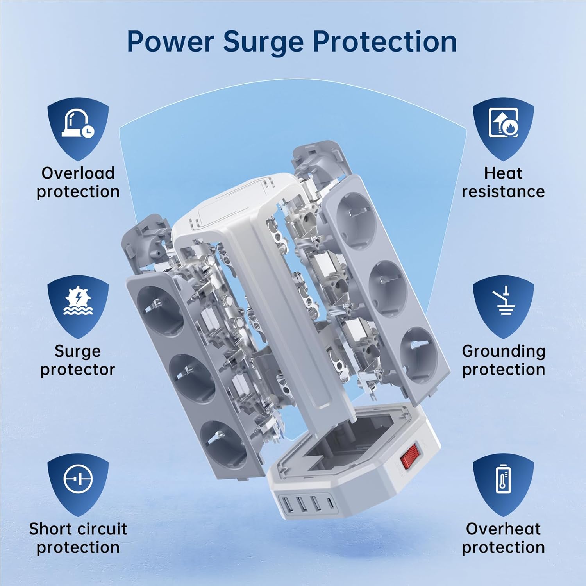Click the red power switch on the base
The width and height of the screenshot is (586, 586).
click(410, 455)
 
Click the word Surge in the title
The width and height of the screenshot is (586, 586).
click(263, 42)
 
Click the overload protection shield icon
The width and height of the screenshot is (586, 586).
click(78, 128)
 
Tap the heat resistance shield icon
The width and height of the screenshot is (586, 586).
click(503, 128)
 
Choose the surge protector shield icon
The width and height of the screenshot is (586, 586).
click(78, 307)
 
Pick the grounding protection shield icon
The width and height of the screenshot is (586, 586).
click(503, 307)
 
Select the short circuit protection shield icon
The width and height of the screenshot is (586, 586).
click(78, 485)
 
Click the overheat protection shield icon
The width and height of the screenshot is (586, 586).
click(503, 485)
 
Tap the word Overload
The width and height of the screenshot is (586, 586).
click(78, 173)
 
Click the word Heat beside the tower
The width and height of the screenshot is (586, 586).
click(503, 173)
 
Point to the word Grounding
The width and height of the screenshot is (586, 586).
click(504, 352)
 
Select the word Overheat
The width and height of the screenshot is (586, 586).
click(503, 529)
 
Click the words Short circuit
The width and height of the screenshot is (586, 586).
click(78, 529)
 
